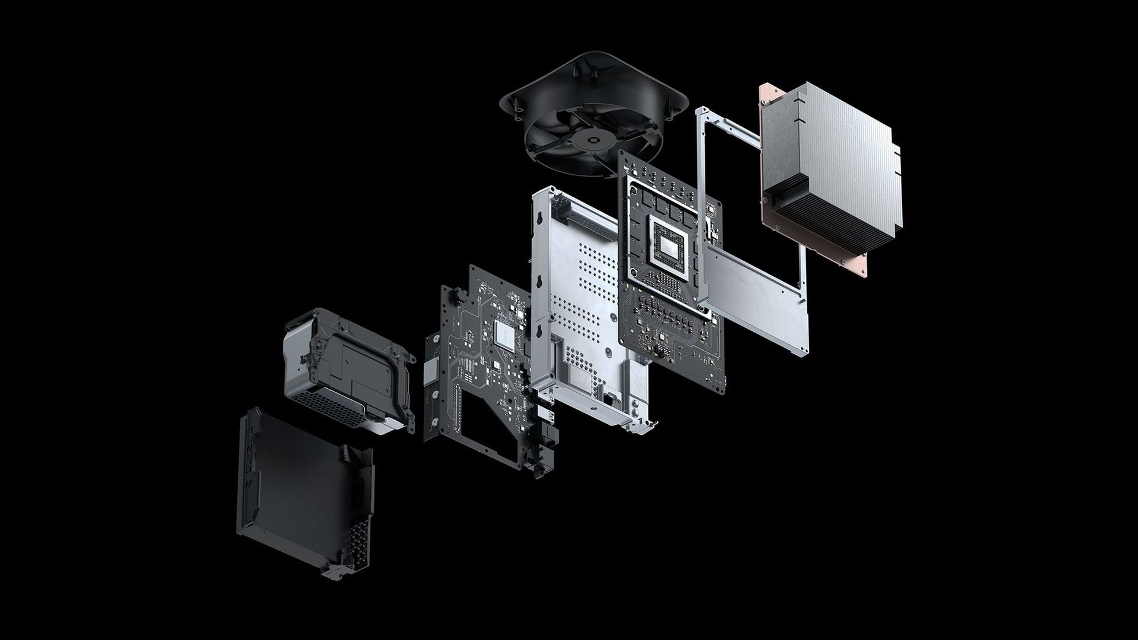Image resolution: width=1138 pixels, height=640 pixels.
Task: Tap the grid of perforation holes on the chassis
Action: click(x=593, y=290)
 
